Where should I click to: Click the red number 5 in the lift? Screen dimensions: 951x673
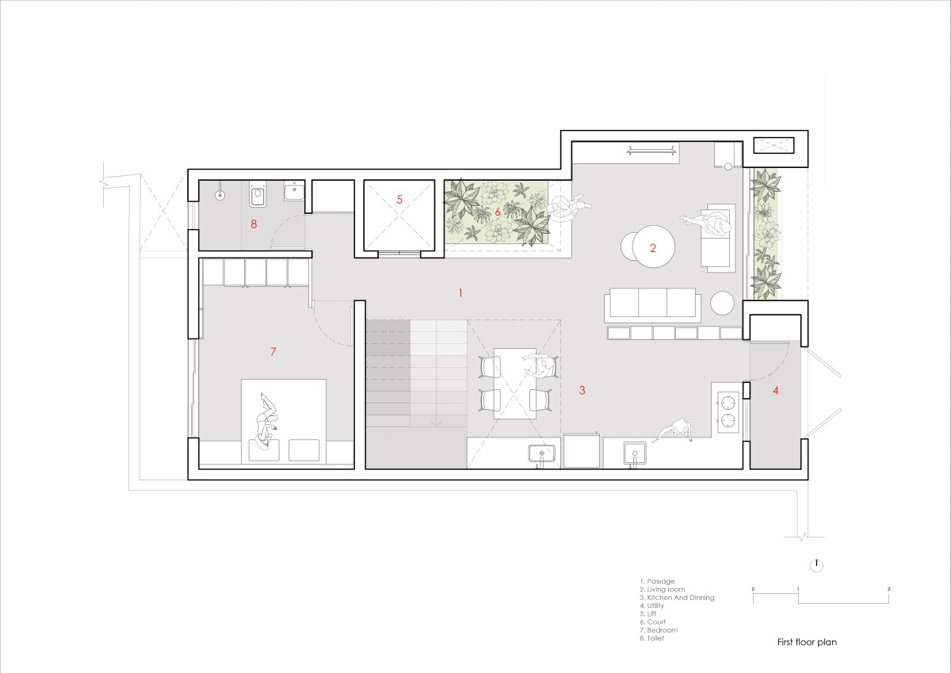399,200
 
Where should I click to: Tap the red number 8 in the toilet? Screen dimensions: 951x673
254,224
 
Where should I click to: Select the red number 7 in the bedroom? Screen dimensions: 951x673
273,352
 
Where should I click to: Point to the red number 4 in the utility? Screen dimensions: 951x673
776,391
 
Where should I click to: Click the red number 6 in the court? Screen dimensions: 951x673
498,212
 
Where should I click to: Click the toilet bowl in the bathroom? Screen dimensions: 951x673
257,195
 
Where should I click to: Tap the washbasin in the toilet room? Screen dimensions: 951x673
294,191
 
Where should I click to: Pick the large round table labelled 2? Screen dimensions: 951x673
653,247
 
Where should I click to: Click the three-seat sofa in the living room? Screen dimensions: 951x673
652,303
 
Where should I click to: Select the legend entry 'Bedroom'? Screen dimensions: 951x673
659,630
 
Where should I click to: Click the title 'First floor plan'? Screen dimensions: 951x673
807,642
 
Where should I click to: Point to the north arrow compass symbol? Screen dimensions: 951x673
816,565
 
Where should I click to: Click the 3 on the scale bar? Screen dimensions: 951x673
888,589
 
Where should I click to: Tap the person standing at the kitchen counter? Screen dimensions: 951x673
676,430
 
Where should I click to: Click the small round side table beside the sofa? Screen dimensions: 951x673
722,303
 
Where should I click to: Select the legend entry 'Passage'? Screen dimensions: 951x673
657,581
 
